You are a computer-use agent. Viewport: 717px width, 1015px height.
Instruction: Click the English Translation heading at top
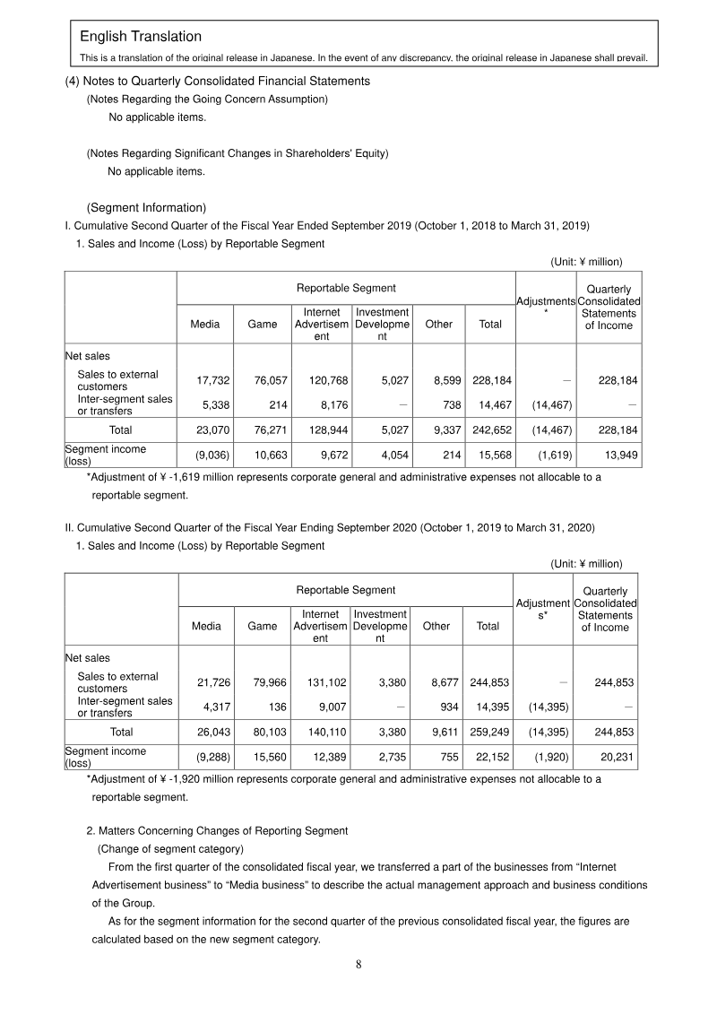click(x=141, y=37)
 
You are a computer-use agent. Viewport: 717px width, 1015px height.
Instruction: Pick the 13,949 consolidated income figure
click(x=618, y=455)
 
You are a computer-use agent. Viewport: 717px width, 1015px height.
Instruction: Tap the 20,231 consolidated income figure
click(x=618, y=757)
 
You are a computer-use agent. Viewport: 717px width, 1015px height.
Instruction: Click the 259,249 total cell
click(x=488, y=732)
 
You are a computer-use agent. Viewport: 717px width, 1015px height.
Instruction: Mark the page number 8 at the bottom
click(x=358, y=965)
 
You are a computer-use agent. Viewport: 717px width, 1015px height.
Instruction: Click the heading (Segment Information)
click(x=146, y=208)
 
